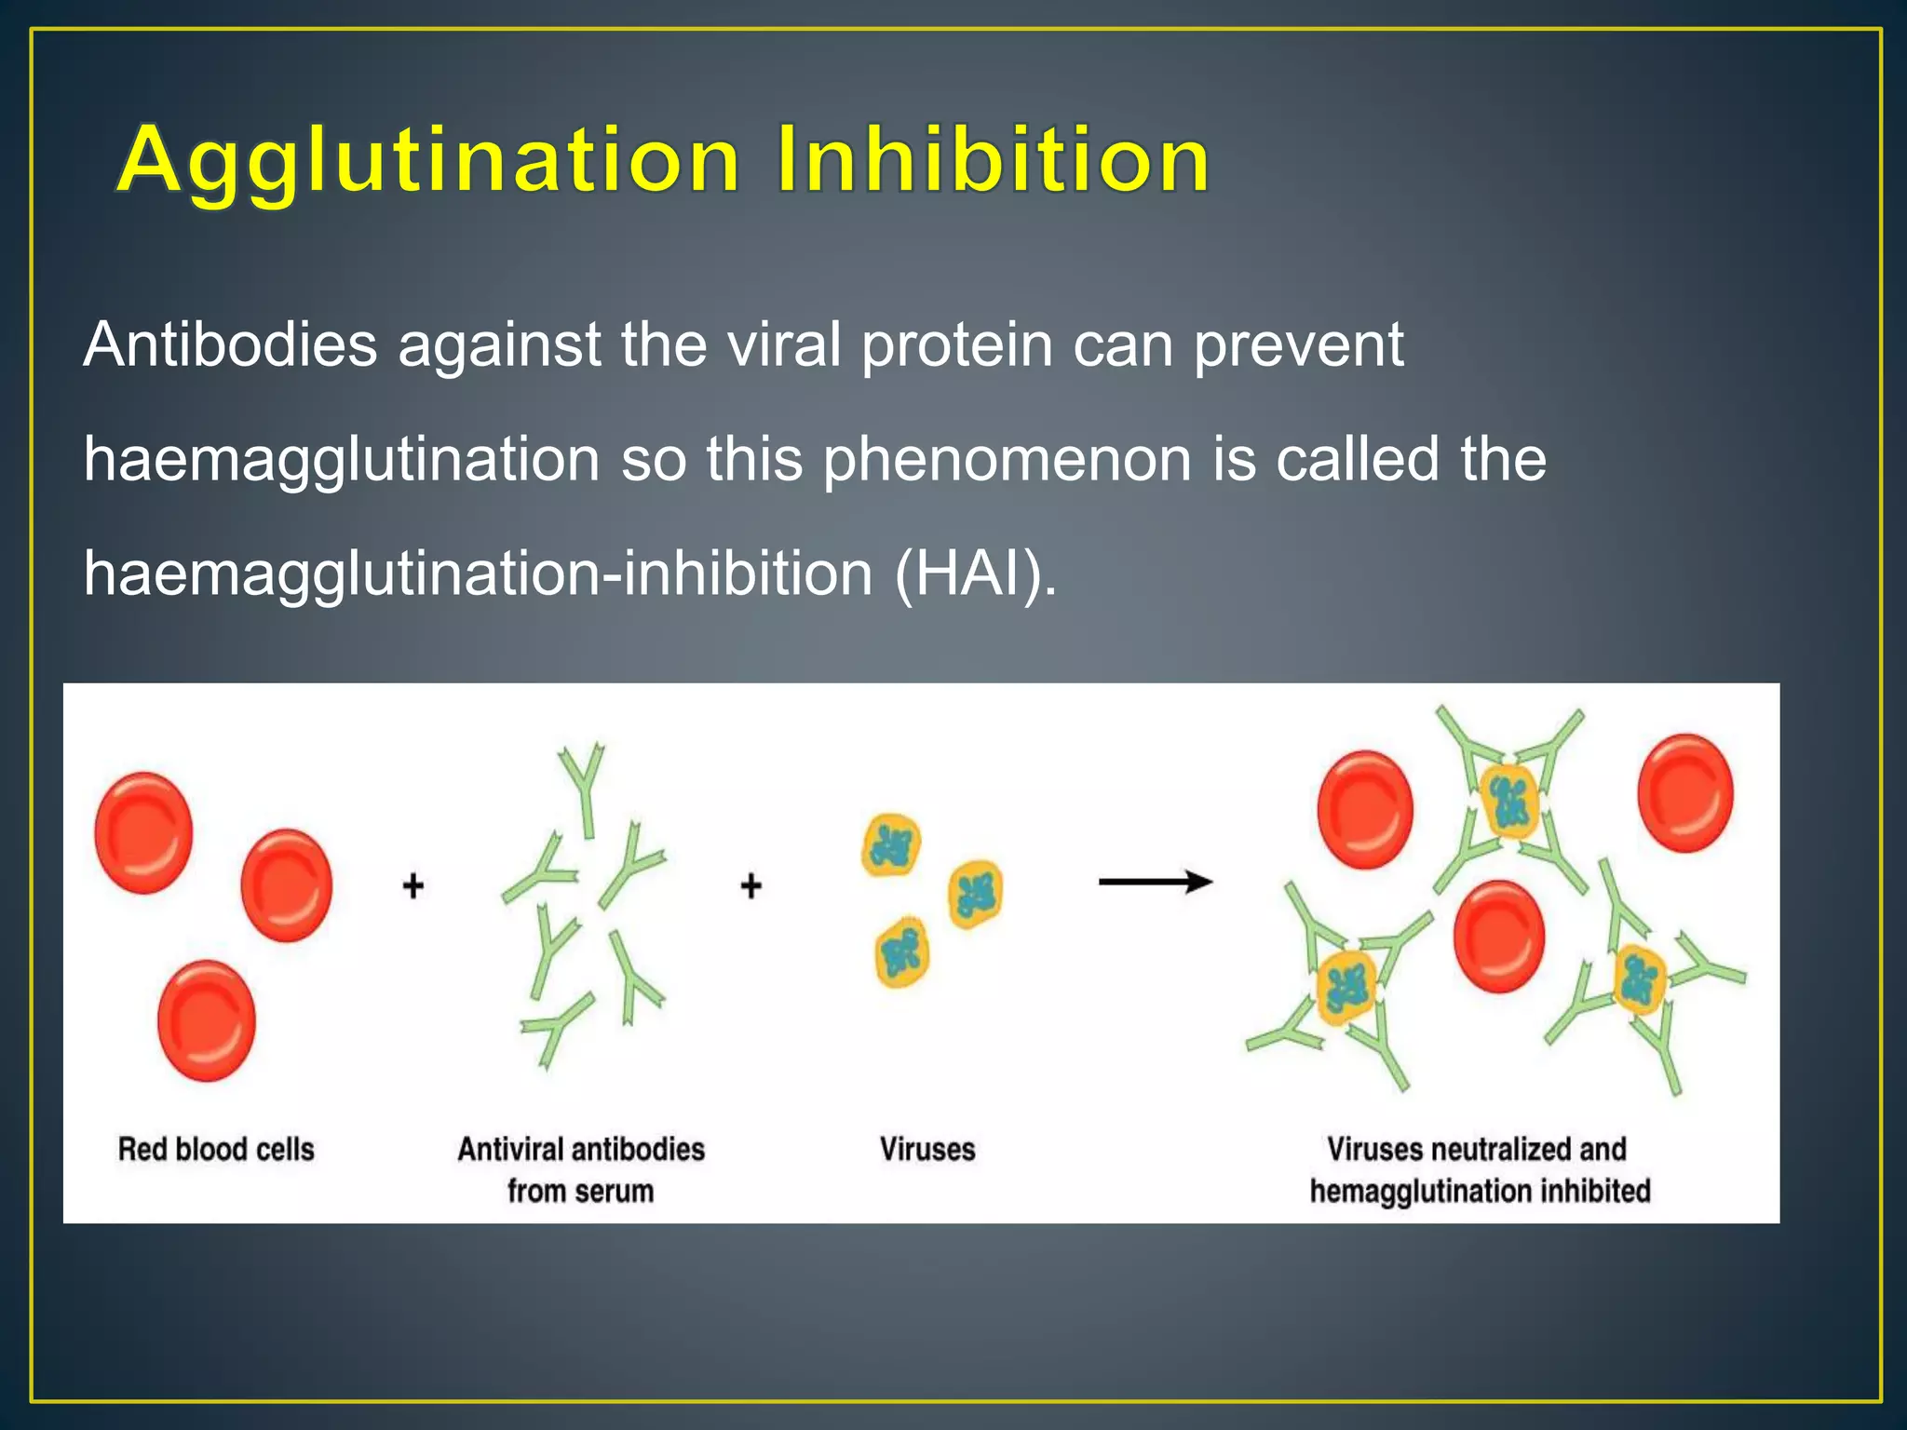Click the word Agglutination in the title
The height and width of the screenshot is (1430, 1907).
pos(428,160)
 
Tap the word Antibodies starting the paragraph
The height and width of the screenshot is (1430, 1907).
pos(230,345)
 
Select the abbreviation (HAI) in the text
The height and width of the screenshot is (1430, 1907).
pos(974,573)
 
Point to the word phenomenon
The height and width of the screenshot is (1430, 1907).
pos(1007,460)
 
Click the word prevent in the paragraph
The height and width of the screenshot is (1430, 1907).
pos(1298,345)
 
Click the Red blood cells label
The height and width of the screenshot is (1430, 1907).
pos(216,1149)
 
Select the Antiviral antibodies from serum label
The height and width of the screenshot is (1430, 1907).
pos(580,1169)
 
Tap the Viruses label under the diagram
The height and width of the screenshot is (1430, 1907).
pos(927,1149)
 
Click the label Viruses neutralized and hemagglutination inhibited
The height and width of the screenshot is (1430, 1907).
pos(1479,1169)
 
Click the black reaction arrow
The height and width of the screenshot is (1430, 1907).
pos(1155,882)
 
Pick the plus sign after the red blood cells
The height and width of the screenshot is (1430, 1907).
pos(413,884)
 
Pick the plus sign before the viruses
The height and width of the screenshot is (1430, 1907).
pos(751,884)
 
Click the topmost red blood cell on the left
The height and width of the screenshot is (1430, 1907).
pos(144,832)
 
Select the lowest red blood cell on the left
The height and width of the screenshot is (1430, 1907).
pos(207,1021)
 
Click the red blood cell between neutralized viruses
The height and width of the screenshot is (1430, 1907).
pos(1499,937)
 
